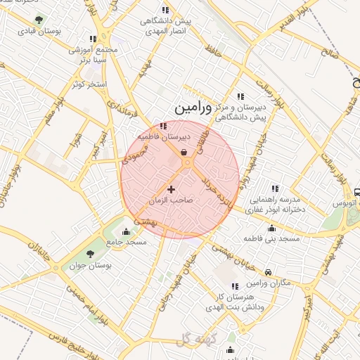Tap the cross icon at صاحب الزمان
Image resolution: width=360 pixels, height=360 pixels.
171,189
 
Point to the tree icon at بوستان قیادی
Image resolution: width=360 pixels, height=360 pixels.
38,20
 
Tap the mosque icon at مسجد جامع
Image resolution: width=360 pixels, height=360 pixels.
126,231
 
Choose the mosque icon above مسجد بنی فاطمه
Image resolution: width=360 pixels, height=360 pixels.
271,228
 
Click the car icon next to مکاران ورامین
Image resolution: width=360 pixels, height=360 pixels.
269,272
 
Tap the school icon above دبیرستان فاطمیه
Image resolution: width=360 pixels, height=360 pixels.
163,126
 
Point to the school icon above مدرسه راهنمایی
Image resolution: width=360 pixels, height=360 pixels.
275,188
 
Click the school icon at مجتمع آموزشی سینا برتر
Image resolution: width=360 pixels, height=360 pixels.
92,39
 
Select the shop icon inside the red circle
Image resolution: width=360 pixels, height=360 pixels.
184,151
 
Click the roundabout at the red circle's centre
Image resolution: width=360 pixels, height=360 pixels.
187,163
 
